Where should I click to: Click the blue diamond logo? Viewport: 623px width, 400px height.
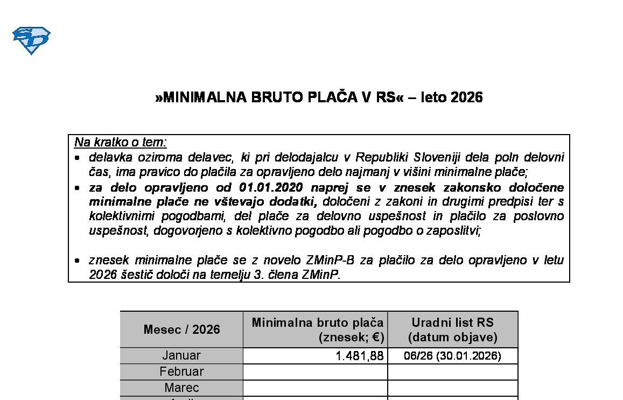tap(31, 40)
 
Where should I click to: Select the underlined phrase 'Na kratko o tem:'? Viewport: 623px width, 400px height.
tap(121, 142)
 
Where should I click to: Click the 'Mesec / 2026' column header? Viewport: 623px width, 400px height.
tap(181, 329)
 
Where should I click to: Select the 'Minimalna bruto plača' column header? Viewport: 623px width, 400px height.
tap(318, 322)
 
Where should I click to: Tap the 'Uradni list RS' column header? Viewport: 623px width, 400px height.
tap(452, 322)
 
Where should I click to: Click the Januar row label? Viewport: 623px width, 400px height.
tap(181, 355)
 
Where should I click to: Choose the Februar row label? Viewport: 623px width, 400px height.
tap(181, 371)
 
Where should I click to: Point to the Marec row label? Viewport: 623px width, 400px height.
tap(181, 388)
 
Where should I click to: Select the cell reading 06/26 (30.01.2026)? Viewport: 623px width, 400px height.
tap(452, 356)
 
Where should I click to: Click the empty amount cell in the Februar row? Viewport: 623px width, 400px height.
tap(315, 372)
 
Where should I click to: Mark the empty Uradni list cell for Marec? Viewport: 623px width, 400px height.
tap(452, 388)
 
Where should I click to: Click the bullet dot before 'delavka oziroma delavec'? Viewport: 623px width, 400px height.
tap(78, 158)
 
